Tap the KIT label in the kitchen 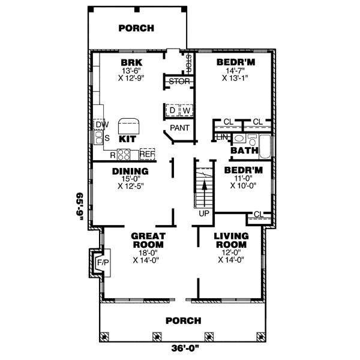[x=127, y=139]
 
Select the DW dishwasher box [x=100, y=124]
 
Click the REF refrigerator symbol [x=147, y=154]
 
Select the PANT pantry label [x=179, y=128]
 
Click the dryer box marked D [x=172, y=110]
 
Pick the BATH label [x=244, y=150]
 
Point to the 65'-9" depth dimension [x=79, y=206]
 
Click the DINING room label [x=130, y=171]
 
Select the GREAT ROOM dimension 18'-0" [x=145, y=253]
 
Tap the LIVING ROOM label [x=231, y=240]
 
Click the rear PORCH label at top [x=136, y=28]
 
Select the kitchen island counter [x=130, y=125]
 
